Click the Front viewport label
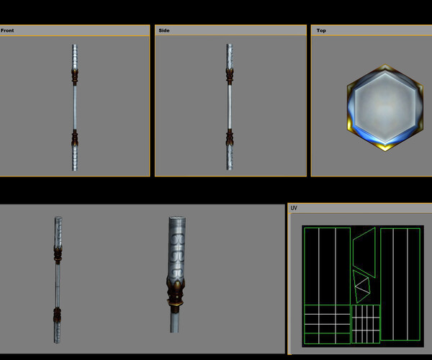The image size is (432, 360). coord(7,31)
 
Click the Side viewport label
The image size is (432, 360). coord(163,31)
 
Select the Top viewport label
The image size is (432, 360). coord(321,31)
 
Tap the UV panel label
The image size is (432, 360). coord(294,208)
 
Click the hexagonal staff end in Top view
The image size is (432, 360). coord(384,107)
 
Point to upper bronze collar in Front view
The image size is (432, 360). coord(75,76)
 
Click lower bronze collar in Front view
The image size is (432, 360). coord(75,137)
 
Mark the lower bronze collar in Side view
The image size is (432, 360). coord(230,137)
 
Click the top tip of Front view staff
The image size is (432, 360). coord(75,46)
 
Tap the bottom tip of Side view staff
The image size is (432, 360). coord(230,168)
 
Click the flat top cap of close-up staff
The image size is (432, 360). coord(177,219)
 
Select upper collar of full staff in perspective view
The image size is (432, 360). coord(57,252)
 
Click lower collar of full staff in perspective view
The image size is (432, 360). coord(57,314)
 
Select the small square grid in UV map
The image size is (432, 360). coord(365,324)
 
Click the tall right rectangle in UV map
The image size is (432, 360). coord(400,284)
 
